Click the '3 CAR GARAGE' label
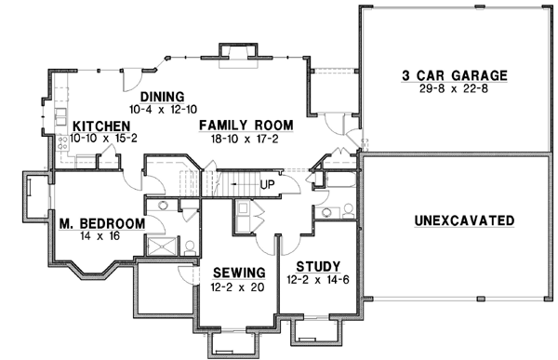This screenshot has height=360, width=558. pos(455,75)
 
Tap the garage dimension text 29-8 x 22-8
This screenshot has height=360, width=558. pos(455,89)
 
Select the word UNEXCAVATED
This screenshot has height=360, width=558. pos(462,220)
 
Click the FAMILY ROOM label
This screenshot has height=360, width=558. pos(246,125)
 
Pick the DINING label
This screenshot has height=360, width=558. pos(163,97)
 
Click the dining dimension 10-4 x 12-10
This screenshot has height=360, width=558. pos(163,110)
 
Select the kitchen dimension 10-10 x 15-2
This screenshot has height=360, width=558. pos(103,138)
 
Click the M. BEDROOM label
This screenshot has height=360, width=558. pos(100,223)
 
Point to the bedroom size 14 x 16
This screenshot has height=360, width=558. pos(100,237)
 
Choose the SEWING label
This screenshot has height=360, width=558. pos(238,273)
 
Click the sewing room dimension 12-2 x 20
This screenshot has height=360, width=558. pos(238,287)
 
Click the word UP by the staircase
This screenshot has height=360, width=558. pos(267,182)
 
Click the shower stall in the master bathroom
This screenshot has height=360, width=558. pos(161,246)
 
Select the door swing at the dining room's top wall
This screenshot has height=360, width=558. pos(134,80)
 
